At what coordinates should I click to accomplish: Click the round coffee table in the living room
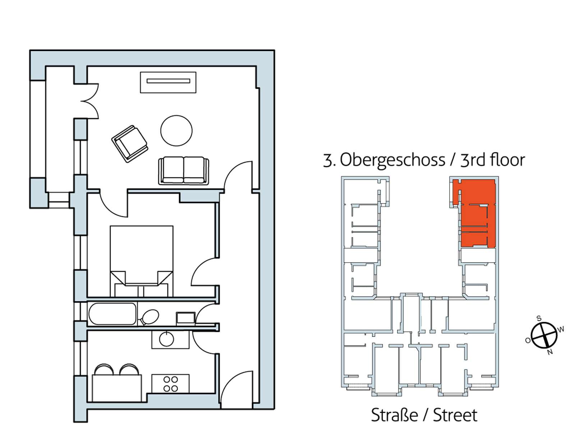(x=176, y=131)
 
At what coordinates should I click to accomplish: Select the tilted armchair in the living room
(x=129, y=144)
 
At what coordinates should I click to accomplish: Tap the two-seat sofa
(x=184, y=171)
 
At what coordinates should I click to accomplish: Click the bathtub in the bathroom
(x=112, y=314)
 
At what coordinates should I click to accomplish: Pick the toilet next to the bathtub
(x=148, y=317)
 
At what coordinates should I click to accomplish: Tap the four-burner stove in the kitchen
(x=171, y=384)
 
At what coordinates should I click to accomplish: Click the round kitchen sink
(x=167, y=339)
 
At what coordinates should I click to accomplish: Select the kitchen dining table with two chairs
(x=117, y=383)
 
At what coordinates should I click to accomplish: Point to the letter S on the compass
(x=539, y=318)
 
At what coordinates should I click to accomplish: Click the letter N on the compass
(x=550, y=352)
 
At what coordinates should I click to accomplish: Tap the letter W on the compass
(x=561, y=329)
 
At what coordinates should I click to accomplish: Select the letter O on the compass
(x=528, y=340)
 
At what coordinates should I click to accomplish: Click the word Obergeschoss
(x=392, y=160)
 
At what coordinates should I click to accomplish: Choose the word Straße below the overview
(x=395, y=415)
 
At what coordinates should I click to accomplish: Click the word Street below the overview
(x=455, y=415)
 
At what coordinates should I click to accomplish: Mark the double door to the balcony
(x=89, y=101)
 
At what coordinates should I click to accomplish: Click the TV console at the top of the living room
(x=168, y=82)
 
